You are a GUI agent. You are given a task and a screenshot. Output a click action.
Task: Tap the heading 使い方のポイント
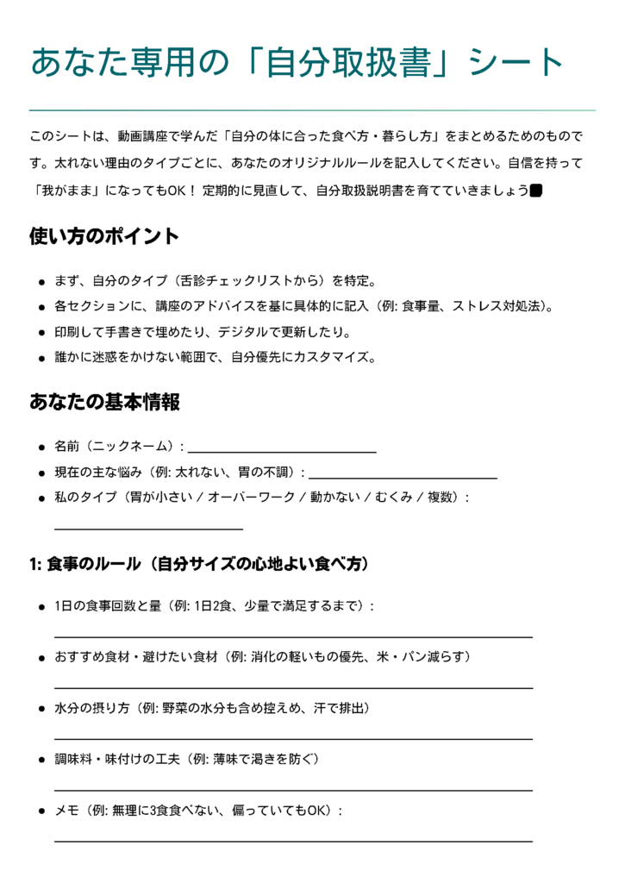[x=104, y=236]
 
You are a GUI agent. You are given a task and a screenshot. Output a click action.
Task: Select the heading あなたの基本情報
[x=104, y=402]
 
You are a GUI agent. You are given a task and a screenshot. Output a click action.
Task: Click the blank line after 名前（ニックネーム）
[x=282, y=450]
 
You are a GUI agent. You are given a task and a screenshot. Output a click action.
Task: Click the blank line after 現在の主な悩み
[x=403, y=476]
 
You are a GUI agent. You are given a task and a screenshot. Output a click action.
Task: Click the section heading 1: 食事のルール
[x=199, y=565]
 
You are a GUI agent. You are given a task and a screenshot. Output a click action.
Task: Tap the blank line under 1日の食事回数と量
[x=293, y=636]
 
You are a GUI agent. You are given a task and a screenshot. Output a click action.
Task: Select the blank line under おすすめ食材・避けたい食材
[x=293, y=687]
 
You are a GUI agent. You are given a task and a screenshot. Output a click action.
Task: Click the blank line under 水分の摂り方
[x=293, y=738]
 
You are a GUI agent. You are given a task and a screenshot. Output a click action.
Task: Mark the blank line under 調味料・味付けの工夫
[x=293, y=789]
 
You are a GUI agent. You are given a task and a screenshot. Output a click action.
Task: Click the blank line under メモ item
[x=293, y=840]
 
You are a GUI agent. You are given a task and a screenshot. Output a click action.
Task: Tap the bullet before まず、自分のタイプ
[x=41, y=282]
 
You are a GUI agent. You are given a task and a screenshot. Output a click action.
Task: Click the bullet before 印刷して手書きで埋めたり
[x=41, y=333]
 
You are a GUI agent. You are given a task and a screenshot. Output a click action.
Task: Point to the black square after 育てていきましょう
[x=535, y=190]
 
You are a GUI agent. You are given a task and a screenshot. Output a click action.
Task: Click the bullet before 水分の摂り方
[x=41, y=709]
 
